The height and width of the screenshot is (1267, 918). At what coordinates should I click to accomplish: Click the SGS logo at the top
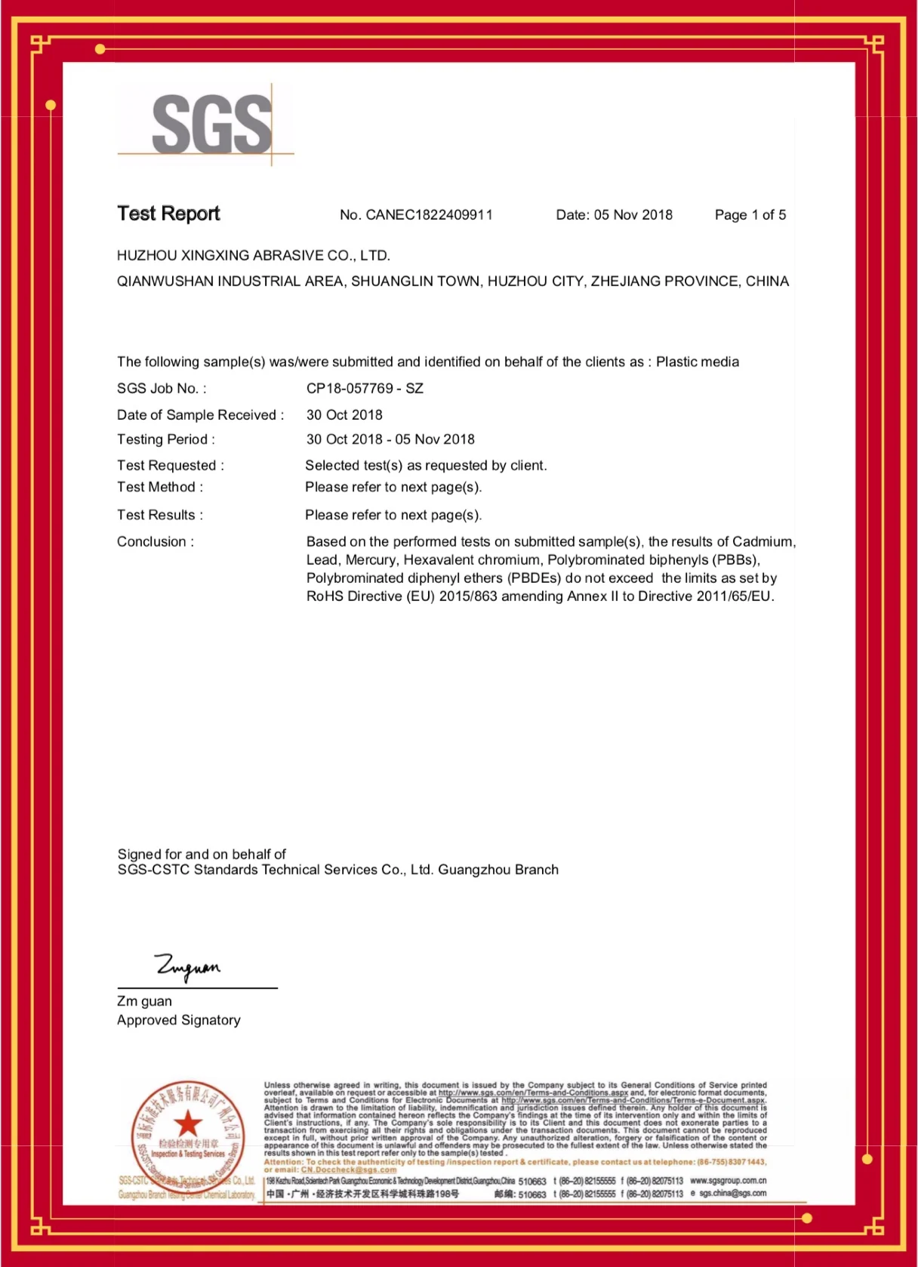(211, 124)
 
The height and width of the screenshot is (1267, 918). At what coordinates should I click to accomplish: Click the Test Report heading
(168, 214)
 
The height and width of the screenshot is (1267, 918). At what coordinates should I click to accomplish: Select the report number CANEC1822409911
(429, 215)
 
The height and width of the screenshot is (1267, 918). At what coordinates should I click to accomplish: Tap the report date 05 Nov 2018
(633, 215)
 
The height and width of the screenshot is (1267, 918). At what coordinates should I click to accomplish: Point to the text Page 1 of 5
(750, 215)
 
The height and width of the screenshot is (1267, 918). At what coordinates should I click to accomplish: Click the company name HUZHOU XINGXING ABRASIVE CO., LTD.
(253, 256)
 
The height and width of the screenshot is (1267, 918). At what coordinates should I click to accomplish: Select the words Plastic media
(697, 362)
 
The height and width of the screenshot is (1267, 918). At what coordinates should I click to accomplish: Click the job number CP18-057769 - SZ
(365, 389)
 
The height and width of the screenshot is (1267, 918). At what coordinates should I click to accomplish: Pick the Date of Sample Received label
(199, 415)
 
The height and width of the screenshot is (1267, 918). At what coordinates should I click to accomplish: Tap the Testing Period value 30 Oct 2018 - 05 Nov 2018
(390, 439)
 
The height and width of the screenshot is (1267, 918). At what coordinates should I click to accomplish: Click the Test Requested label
(170, 466)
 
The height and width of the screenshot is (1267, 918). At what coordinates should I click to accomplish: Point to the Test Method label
(159, 488)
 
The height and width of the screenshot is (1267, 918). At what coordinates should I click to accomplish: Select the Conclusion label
(155, 542)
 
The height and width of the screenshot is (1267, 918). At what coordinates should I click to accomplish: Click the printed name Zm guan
(144, 1001)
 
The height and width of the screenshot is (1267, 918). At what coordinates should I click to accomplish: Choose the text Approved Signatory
(178, 1020)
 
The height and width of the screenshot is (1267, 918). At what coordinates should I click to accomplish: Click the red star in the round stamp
(187, 1124)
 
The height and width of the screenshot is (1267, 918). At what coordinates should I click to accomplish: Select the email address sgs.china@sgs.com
(732, 1194)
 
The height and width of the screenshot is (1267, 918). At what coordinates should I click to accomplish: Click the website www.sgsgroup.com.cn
(728, 1181)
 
